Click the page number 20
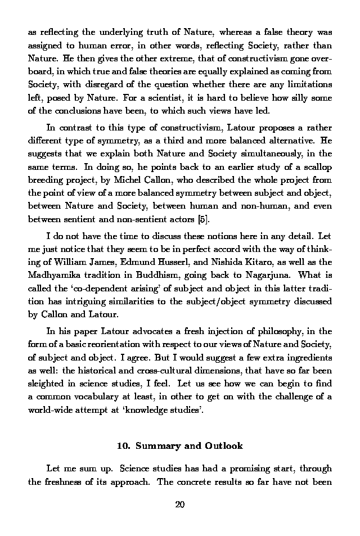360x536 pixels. coord(180,504)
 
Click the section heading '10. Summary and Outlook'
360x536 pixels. coord(180,445)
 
